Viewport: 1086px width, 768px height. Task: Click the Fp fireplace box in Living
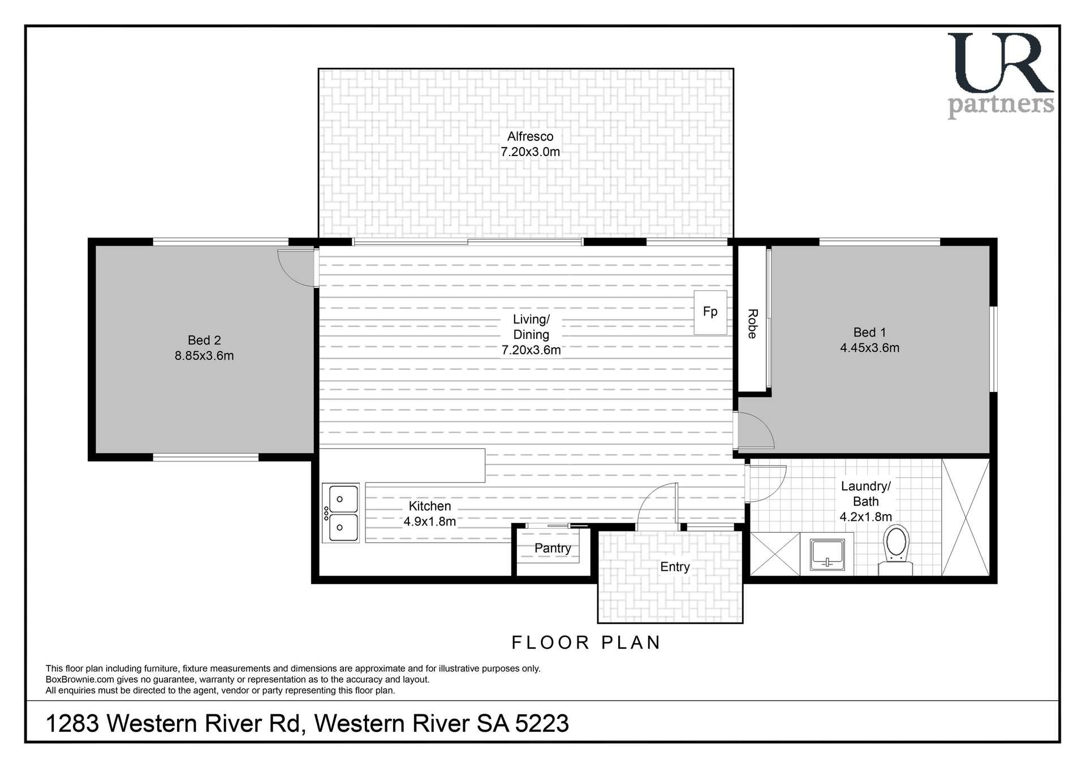pyautogui.click(x=710, y=312)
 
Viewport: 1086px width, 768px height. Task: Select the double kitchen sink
pyautogui.click(x=340, y=513)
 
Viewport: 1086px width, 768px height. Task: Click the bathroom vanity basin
pyautogui.click(x=827, y=554)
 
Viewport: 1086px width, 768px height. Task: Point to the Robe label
pyautogui.click(x=752, y=324)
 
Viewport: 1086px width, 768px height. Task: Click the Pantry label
pyautogui.click(x=553, y=548)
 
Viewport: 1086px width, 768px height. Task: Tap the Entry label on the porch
pyautogui.click(x=675, y=567)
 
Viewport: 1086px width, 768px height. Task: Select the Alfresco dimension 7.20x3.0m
pyautogui.click(x=530, y=152)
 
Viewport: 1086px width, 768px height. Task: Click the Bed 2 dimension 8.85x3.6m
pyautogui.click(x=204, y=356)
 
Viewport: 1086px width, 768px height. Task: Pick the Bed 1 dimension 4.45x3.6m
pyautogui.click(x=869, y=348)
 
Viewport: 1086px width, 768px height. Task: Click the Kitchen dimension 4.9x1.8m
pyautogui.click(x=429, y=521)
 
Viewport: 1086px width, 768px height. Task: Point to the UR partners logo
pyautogui.click(x=1000, y=75)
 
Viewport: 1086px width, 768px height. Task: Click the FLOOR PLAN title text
pyautogui.click(x=586, y=642)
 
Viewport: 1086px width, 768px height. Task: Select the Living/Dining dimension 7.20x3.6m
pyautogui.click(x=531, y=350)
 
